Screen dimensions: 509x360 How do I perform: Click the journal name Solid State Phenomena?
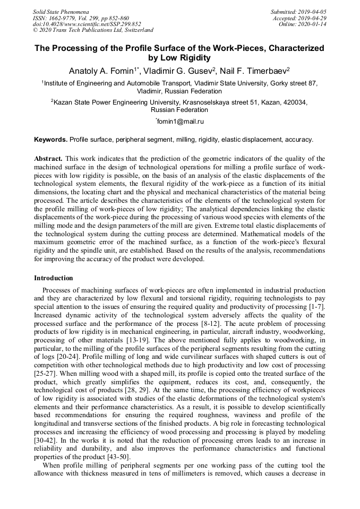coord(61,12)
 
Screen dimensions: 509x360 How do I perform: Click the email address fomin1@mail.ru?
coord(180,122)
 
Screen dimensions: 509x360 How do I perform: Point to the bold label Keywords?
coord(50,140)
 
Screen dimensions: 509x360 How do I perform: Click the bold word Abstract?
coord(48,159)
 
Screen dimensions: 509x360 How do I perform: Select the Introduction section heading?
coord(54,278)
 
